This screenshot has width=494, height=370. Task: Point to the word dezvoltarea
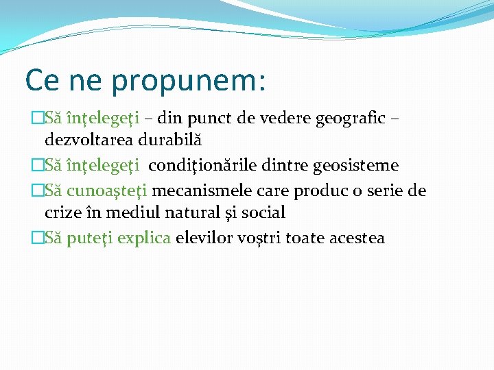[x=88, y=140]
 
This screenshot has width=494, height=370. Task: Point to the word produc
[x=319, y=190]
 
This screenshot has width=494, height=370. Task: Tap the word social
[x=263, y=213]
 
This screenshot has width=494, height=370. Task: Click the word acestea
[x=357, y=238]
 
